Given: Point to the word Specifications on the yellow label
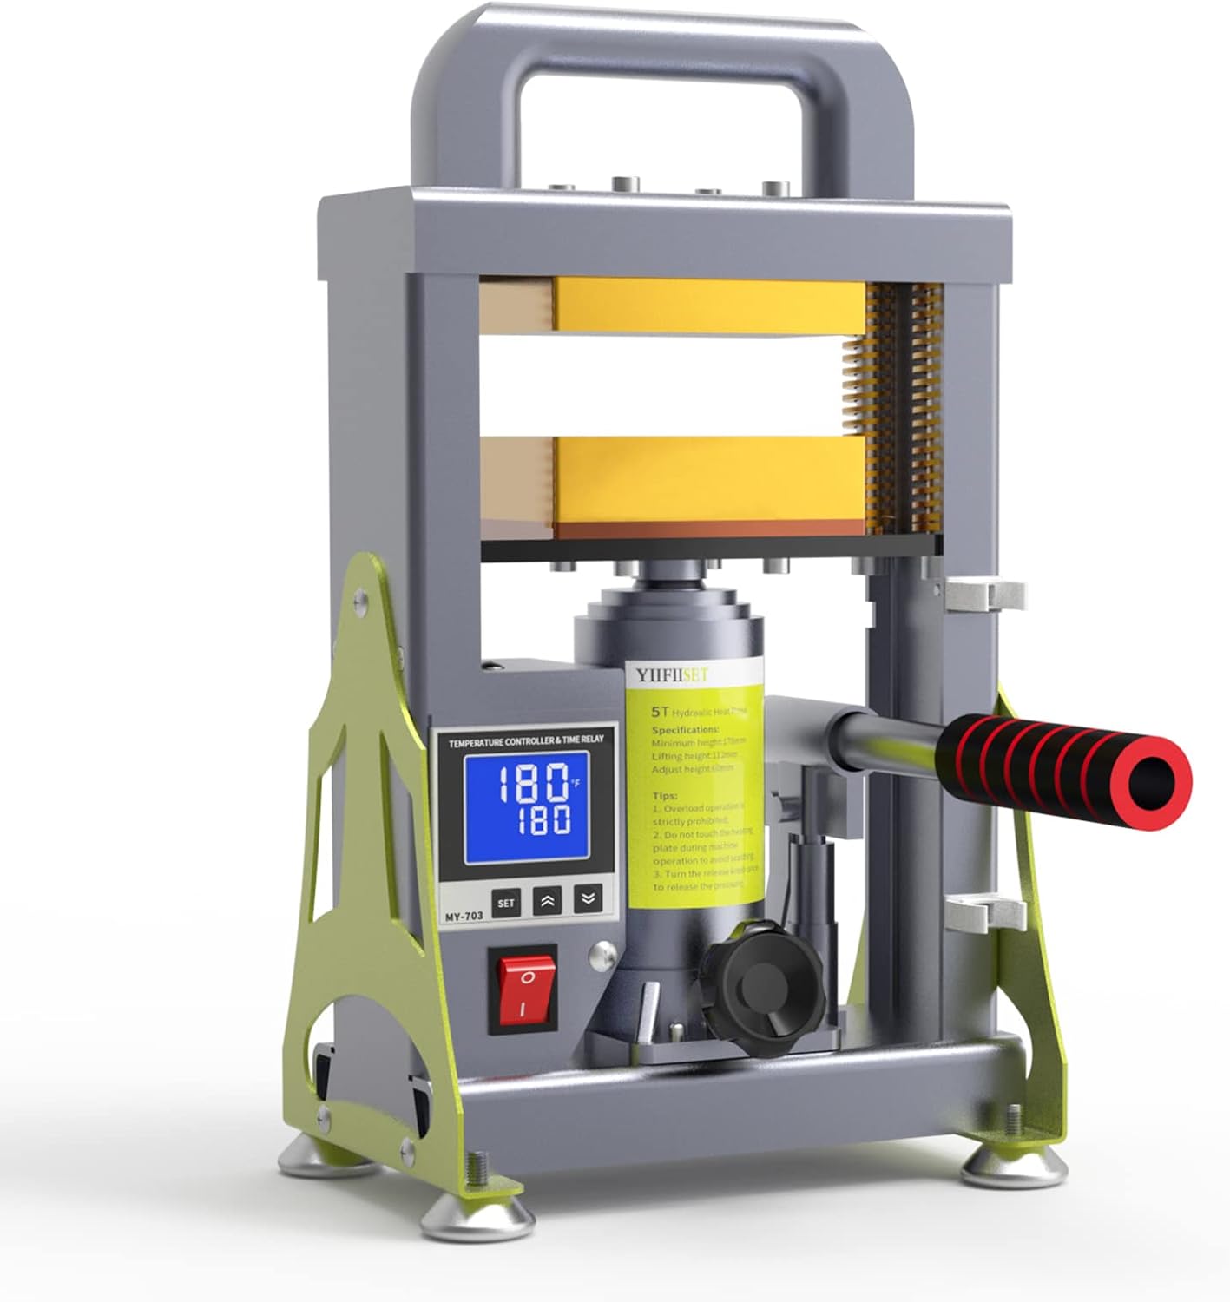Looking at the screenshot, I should tap(685, 729).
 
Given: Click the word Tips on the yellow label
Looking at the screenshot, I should tap(665, 795).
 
